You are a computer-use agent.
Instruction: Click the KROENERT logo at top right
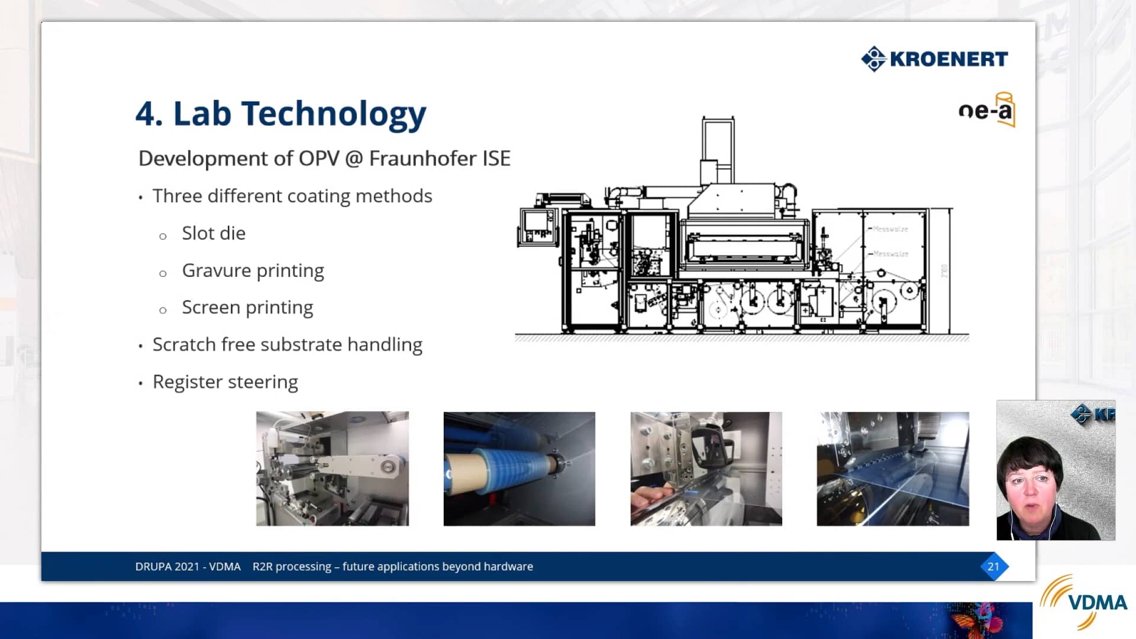point(935,59)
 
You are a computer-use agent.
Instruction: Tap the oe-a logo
point(986,110)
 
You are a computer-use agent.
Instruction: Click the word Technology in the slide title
point(334,114)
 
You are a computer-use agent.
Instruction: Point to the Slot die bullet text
point(214,233)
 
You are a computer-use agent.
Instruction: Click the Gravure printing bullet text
point(253,270)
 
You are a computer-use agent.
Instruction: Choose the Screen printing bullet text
point(247,308)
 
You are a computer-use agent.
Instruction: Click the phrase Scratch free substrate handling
point(287,344)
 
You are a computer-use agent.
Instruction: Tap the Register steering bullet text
point(225,382)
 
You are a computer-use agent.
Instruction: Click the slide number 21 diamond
point(993,566)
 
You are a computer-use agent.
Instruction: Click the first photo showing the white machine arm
point(332,469)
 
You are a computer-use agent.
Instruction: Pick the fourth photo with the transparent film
point(893,469)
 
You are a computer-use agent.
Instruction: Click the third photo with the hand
point(706,469)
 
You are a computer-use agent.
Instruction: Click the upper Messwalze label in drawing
point(890,229)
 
